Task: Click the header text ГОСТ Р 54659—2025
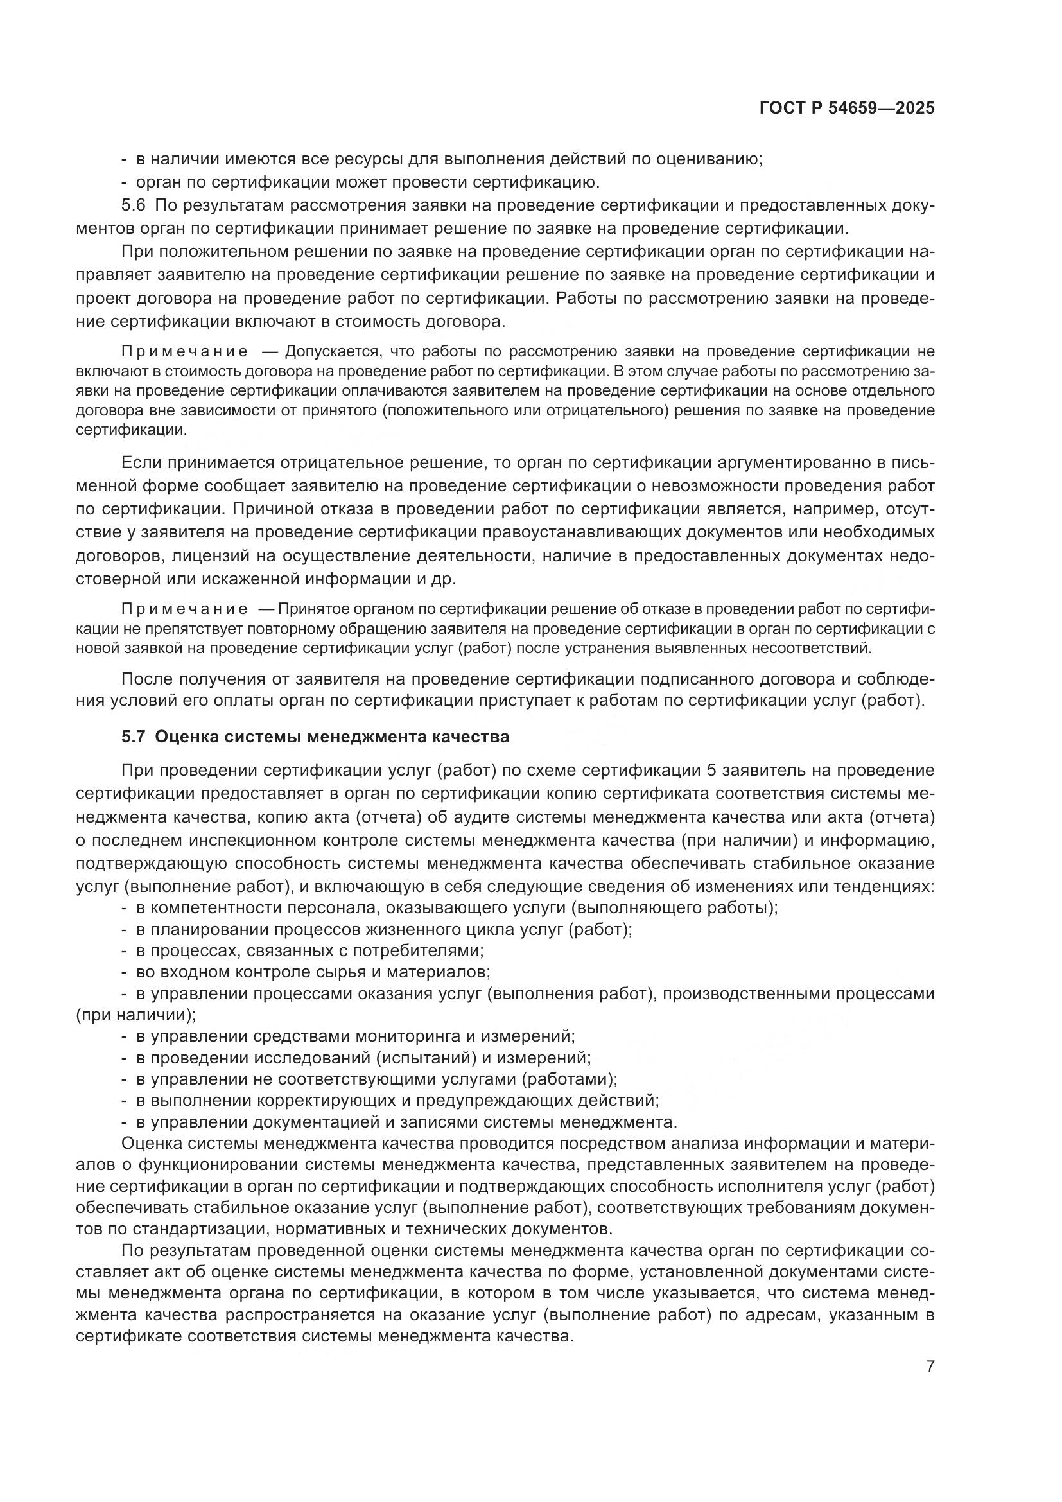pyautogui.click(x=847, y=109)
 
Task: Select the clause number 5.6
pyautogui.click(x=134, y=205)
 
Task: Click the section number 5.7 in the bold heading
pyautogui.click(x=134, y=737)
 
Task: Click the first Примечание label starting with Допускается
pyautogui.click(x=185, y=352)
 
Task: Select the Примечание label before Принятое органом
pyautogui.click(x=185, y=609)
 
